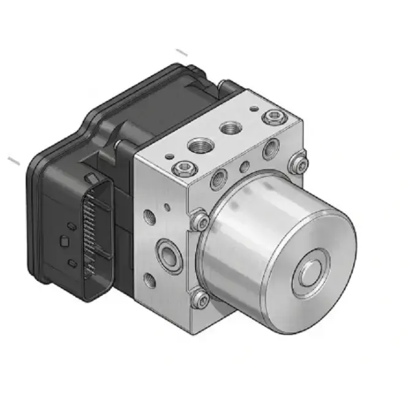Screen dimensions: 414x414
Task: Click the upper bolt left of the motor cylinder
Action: pyautogui.click(x=199, y=221)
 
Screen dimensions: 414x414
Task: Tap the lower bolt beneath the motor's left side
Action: pyautogui.click(x=199, y=299)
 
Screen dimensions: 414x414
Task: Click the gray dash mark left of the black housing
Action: pyautogui.click(x=14, y=161)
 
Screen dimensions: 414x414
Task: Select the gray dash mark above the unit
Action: pyautogui.click(x=182, y=53)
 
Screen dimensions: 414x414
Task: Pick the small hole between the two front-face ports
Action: pyautogui.click(x=245, y=166)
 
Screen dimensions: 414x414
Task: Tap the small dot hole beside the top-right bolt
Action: pyautogui.click(x=253, y=109)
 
